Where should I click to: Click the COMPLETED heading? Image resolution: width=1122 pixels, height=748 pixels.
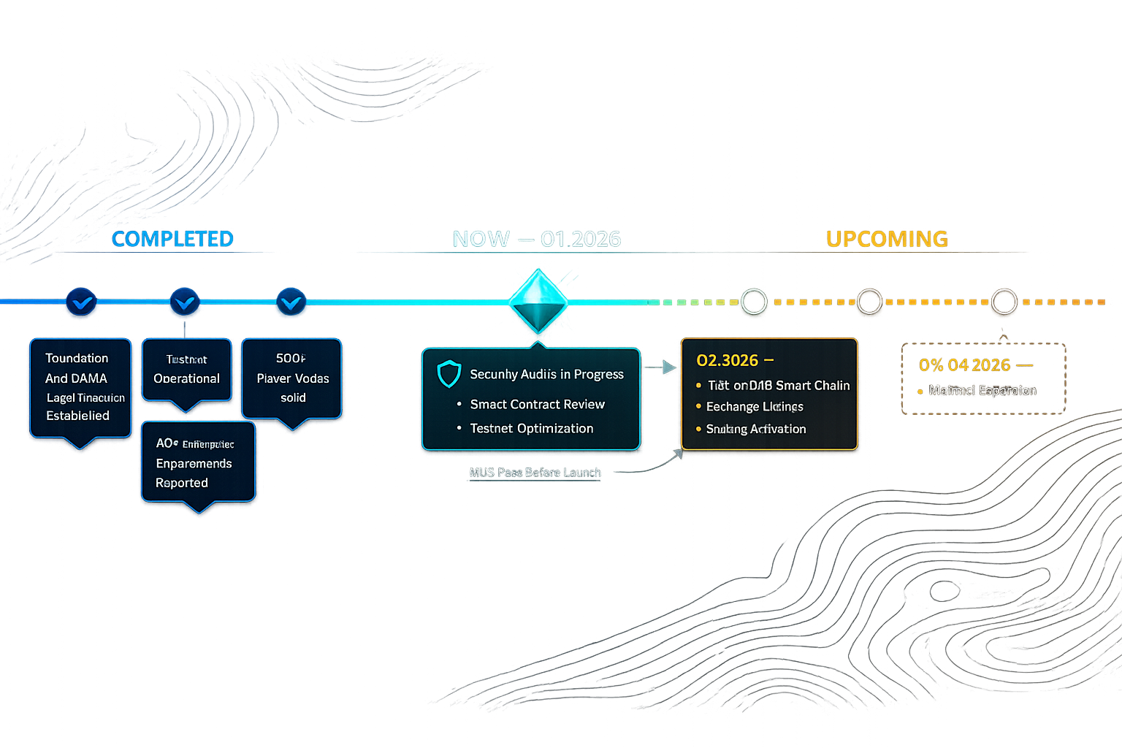coord(172,239)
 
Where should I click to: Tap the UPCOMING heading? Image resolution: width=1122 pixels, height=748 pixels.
coord(887,239)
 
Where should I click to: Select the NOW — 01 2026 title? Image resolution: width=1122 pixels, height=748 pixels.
coord(537,239)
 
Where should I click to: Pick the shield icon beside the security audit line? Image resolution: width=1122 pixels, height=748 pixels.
coord(449,373)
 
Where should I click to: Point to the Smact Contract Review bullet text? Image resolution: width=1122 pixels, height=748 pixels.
coord(537,404)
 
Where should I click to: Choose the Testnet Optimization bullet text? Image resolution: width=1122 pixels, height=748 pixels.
coord(531,428)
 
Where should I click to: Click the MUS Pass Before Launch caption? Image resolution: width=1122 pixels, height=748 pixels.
coord(535,473)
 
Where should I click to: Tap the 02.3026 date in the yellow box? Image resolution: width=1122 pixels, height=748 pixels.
coord(728,360)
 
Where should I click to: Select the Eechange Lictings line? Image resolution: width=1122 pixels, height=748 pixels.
coord(755,406)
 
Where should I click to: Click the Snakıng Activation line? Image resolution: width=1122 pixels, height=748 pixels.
coord(756,429)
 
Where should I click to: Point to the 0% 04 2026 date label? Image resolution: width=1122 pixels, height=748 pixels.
coord(965,365)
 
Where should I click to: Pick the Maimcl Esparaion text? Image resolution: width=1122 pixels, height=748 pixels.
coord(982,390)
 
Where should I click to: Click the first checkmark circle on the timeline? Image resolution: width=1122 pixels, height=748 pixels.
coord(81,302)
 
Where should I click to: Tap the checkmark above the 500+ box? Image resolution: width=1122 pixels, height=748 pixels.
coord(291,302)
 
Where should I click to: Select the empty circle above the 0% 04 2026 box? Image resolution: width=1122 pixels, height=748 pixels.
coord(1004,302)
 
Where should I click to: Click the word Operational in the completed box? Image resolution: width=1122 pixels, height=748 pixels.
coord(186,378)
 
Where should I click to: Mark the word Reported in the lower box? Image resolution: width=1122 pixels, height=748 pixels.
coord(182,483)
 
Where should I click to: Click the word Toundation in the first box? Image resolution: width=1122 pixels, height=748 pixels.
coord(77,358)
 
